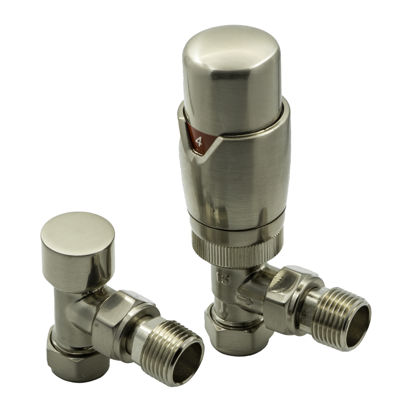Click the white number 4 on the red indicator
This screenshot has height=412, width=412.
[198, 141]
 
